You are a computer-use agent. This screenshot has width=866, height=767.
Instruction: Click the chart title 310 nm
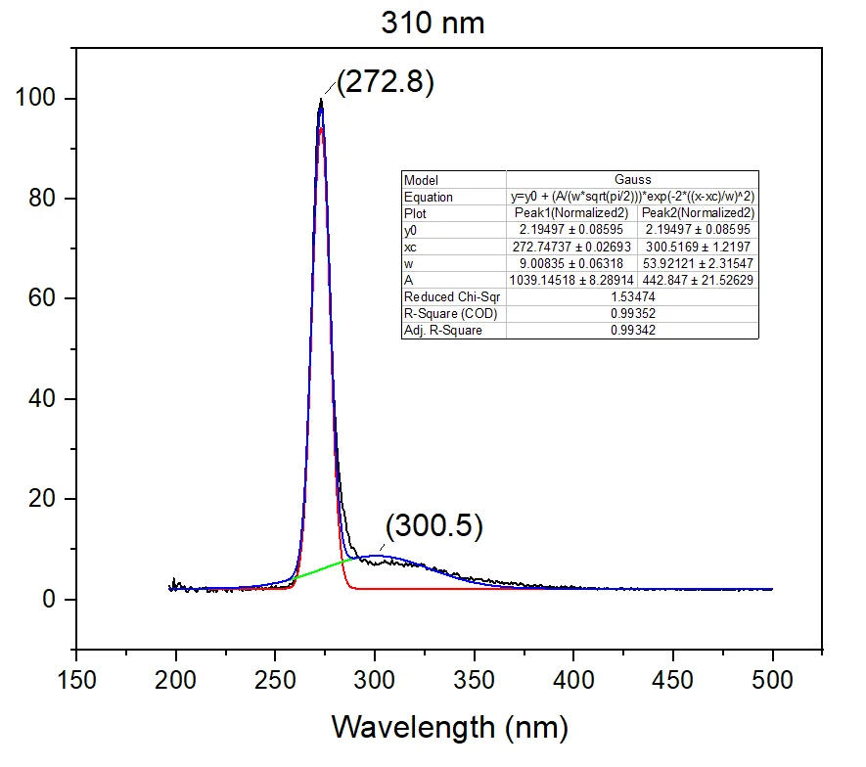(x=433, y=23)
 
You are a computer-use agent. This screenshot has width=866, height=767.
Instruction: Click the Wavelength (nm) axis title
(x=449, y=726)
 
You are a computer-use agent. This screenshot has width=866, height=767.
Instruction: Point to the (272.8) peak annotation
(x=385, y=81)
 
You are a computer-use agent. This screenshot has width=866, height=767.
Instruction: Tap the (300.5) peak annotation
(x=434, y=526)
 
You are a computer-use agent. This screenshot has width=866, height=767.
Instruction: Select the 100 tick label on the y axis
(x=34, y=99)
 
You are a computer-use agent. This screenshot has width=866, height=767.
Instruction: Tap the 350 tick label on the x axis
(x=475, y=679)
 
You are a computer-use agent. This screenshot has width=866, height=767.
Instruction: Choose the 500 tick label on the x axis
(x=773, y=679)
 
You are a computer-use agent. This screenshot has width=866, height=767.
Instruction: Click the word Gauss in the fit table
(x=632, y=180)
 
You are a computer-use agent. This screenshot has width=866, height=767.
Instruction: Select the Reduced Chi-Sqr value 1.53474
(x=632, y=296)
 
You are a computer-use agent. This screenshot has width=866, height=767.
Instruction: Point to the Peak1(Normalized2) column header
(x=570, y=213)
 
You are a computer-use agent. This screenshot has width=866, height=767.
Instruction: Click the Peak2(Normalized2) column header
(x=698, y=213)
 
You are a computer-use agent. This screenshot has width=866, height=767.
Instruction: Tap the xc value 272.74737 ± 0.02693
(x=570, y=247)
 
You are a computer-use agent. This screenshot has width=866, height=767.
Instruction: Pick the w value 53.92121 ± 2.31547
(x=698, y=263)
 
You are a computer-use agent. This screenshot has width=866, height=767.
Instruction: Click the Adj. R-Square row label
(x=442, y=330)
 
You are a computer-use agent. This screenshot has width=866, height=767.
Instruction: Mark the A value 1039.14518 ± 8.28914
(x=570, y=280)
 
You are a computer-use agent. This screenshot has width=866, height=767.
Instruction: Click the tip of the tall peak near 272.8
(x=321, y=99)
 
